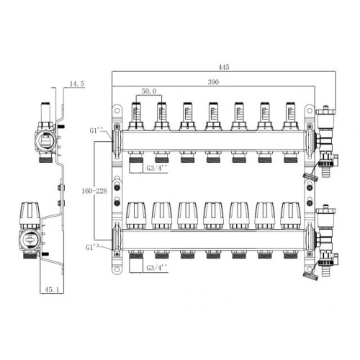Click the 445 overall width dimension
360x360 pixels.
(224, 67)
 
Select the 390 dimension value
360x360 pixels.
(213, 82)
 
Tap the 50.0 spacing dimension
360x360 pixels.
(149, 91)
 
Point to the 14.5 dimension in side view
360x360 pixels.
(77, 84)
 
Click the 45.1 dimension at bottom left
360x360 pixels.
(52, 289)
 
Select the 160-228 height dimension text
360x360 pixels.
(94, 191)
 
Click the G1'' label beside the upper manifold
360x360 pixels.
(96, 130)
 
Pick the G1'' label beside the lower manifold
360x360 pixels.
(92, 247)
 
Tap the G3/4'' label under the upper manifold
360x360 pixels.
(157, 168)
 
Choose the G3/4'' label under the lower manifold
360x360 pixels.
(157, 268)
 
